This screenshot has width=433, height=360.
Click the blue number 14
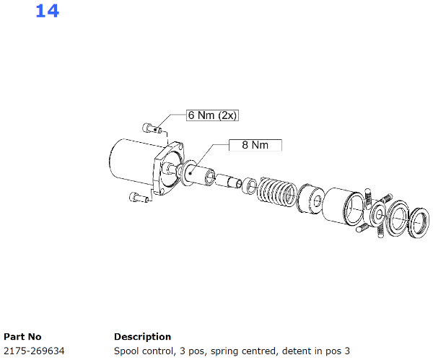click(47, 12)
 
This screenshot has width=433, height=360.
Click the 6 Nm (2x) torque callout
click(212, 115)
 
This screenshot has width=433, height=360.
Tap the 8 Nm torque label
click(255, 145)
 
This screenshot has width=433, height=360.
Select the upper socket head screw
click(152, 128)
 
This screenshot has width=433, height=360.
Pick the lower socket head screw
click(139, 197)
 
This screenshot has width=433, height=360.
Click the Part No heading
click(22, 337)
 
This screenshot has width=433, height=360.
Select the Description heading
click(142, 337)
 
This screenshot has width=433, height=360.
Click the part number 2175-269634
click(34, 351)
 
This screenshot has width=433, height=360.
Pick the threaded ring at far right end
click(419, 222)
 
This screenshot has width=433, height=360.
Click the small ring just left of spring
click(250, 186)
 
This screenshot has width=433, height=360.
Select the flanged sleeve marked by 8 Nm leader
click(198, 174)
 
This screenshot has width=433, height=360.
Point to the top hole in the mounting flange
click(179, 146)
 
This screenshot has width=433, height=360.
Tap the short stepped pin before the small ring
click(229, 180)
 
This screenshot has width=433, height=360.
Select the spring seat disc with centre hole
click(310, 198)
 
